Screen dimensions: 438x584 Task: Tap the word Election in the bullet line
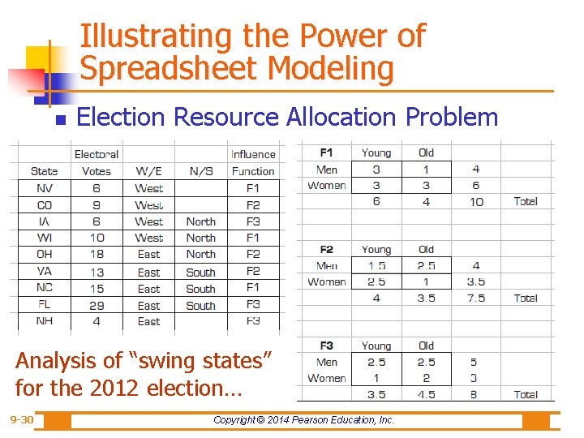[120, 117]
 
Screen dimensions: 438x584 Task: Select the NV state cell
[44, 187]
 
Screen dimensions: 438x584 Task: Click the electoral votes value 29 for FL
[97, 305]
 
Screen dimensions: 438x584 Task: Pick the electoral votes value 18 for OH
[97, 254]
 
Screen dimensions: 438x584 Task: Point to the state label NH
[44, 321]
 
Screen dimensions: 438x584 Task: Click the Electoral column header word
[96, 154]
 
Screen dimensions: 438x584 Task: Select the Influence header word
[253, 154]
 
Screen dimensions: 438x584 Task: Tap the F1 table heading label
[327, 152]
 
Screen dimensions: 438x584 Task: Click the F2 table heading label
[327, 249]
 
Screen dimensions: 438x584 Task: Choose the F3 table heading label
[327, 346]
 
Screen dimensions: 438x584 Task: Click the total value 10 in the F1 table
[476, 201]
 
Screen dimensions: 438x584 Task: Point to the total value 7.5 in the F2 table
[476, 298]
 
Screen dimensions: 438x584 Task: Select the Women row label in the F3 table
[327, 378]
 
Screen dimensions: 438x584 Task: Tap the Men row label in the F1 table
[327, 170]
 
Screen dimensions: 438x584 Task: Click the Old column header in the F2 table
[427, 249]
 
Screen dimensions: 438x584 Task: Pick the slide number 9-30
[22, 420]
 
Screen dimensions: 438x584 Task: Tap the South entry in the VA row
[200, 272]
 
